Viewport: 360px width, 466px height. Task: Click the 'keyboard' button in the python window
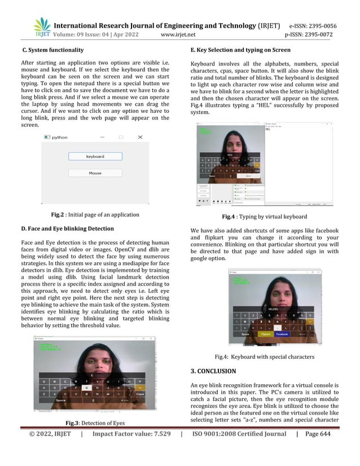point(95,156)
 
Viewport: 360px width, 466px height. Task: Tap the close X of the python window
point(141,137)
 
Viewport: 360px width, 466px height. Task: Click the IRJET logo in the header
point(42,27)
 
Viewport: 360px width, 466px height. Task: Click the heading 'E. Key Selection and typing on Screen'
point(241,50)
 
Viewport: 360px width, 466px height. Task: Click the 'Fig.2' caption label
point(56,214)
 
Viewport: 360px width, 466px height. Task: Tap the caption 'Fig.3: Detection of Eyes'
point(91,423)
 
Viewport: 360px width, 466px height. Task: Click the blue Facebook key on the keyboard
point(282,334)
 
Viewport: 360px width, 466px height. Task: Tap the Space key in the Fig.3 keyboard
point(61,400)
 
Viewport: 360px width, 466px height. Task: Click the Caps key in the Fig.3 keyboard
point(140,394)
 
